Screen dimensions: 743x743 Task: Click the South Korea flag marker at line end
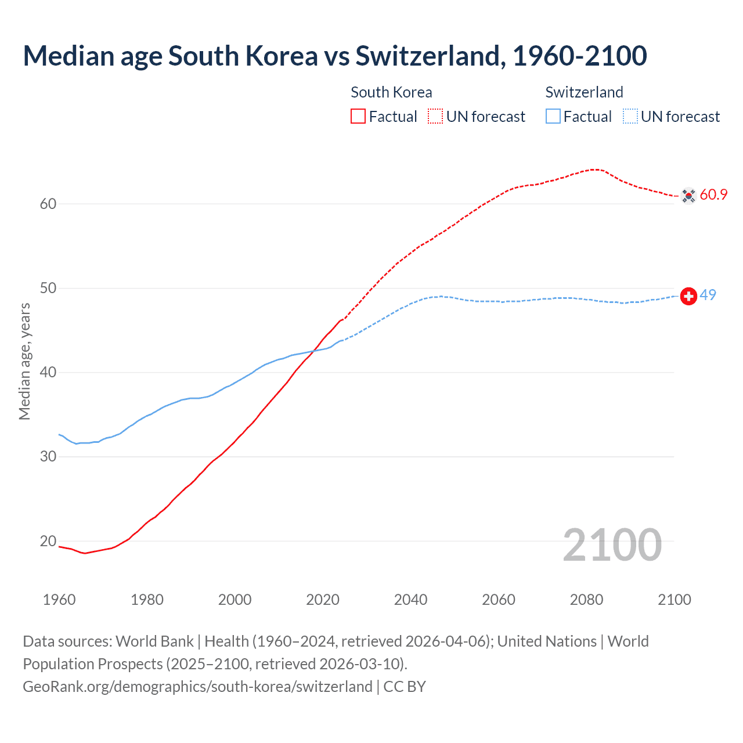[688, 196]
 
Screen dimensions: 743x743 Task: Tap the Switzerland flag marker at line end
[688, 296]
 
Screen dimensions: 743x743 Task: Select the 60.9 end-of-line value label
[713, 194]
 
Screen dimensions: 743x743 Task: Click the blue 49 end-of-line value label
[708, 295]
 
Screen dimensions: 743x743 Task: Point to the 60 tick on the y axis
[48, 204]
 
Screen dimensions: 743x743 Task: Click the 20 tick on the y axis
[48, 541]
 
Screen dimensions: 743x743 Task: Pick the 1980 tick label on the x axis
[147, 600]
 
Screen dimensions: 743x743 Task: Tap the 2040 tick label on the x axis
[410, 600]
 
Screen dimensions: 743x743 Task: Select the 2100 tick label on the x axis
[674, 600]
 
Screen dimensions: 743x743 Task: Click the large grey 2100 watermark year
[612, 545]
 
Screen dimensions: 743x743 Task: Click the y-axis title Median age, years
[24, 361]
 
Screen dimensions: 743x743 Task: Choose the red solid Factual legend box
[358, 116]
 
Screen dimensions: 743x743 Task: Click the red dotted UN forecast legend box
[435, 116]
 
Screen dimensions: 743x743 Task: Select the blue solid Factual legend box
[553, 116]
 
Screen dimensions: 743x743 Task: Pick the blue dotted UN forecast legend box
[630, 116]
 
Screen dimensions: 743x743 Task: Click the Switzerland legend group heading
[584, 92]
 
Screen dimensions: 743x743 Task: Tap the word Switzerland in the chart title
[427, 56]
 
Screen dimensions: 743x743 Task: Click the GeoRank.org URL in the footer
[197, 686]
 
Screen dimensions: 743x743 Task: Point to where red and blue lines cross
[315, 350]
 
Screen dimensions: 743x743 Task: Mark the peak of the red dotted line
[594, 169]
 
